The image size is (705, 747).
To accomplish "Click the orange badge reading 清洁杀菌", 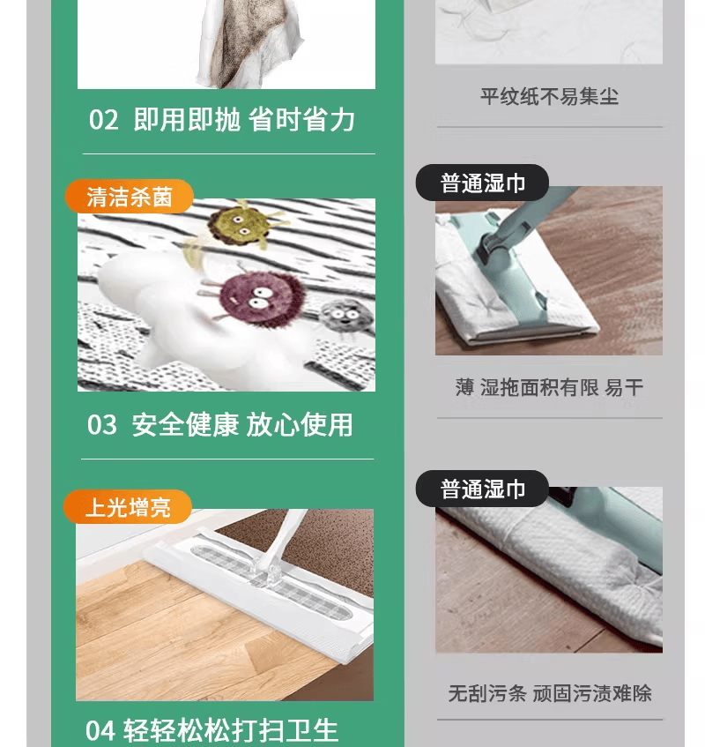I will point(129,197).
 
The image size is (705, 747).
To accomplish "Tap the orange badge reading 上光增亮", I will point(128,507).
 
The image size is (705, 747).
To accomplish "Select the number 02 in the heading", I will point(103,120).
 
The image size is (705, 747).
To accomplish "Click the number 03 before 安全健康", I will point(102,425).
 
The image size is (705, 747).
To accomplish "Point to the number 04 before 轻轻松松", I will point(100,731).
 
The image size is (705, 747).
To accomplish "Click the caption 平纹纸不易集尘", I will point(548,96).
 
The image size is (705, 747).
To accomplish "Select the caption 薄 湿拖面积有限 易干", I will point(548,387).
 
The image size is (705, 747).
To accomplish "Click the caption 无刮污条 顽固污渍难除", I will point(549,693).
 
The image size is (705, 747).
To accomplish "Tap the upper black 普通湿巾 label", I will point(482,183).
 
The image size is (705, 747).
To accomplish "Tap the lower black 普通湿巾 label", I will point(482,489).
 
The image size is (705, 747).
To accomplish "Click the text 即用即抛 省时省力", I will point(244,120).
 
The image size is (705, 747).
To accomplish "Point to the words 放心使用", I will point(300,425).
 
